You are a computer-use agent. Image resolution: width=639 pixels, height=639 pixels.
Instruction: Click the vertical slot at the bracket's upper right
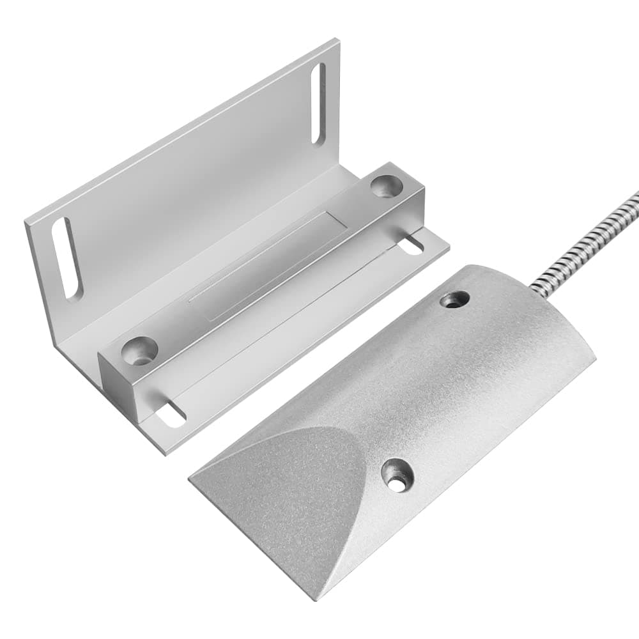318,104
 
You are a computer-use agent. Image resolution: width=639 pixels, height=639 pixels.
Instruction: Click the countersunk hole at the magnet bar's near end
140,350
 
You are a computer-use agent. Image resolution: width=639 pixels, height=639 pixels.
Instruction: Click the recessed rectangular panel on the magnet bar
268,262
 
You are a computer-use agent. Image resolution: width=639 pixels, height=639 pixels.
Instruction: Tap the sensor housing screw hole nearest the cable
455,299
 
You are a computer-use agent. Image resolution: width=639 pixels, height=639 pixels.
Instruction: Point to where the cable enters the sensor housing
535,291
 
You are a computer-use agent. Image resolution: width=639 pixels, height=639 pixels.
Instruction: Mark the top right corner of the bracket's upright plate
337,42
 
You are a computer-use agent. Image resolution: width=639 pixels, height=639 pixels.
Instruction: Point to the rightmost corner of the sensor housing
594,358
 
